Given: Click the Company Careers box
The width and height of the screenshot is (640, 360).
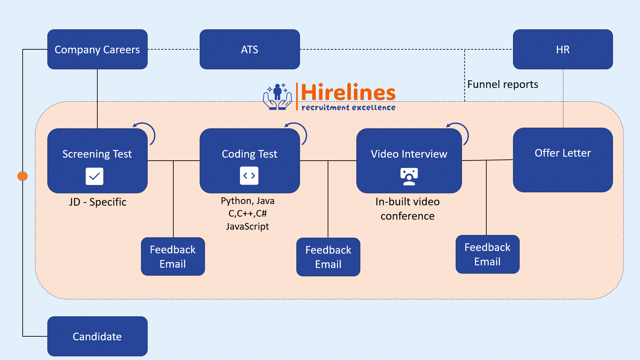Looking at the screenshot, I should coord(97,49).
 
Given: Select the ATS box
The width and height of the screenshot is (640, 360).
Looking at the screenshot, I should coord(250,49).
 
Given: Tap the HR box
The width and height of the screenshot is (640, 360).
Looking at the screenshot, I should coord(563,49).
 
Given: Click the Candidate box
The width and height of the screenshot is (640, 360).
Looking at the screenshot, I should coord(97,336).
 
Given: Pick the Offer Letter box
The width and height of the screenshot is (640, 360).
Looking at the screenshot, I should coord(563,160).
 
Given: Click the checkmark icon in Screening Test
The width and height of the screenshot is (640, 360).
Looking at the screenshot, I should coord(94,176).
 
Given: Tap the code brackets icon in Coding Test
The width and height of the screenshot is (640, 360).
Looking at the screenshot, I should coord(249,176).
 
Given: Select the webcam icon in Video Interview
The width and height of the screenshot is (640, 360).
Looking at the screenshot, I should coord(409,177).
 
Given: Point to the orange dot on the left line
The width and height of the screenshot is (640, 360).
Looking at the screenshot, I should coord(23,176).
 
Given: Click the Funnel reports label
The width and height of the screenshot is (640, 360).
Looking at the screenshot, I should coord(503,84).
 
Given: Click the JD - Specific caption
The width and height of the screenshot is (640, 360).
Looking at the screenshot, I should coord(98,202).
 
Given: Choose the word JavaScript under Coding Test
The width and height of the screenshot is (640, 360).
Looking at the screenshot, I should coord(247,227).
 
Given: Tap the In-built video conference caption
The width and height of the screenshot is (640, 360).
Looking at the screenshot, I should coord(407,209).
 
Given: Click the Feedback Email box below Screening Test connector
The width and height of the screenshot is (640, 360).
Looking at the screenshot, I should coord(173,256).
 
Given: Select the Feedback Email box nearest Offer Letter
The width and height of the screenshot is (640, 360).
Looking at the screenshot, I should coord(487,254).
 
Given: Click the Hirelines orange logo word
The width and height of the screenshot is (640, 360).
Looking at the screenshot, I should coord(348,92).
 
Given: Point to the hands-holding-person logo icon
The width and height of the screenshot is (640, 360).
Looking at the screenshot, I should coord(277,97).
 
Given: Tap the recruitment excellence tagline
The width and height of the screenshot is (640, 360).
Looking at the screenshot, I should coord(348,108).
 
